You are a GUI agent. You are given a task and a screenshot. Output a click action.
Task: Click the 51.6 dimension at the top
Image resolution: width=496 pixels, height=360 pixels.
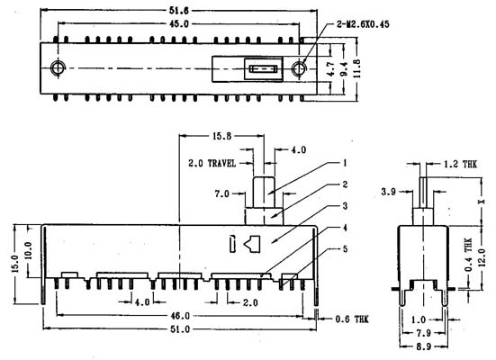tap(179, 11)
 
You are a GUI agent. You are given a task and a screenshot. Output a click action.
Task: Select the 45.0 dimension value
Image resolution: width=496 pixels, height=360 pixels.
tap(179, 23)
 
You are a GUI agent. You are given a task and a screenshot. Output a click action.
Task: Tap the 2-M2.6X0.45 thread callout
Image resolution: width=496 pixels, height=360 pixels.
tap(363, 24)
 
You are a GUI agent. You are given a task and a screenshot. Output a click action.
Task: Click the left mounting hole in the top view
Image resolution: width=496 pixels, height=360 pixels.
tap(58, 67)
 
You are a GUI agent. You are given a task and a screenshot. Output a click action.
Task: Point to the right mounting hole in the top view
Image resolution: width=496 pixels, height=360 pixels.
tap(299, 68)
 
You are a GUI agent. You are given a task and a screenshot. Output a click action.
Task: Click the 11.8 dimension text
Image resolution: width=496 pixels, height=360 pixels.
tap(356, 68)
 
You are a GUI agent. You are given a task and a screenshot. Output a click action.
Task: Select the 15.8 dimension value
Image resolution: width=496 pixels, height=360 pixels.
tap(221, 136)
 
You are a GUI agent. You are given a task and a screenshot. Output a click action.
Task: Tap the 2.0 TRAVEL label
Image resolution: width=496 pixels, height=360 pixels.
tap(212, 163)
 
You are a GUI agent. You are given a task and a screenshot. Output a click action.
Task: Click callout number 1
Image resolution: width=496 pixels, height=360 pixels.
tap(345, 163)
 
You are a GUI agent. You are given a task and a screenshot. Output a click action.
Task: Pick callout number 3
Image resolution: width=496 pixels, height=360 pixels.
tap(345, 206)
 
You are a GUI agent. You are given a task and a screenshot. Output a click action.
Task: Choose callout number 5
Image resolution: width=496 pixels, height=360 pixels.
tap(345, 249)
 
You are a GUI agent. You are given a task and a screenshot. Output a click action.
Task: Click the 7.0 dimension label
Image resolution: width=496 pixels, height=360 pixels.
tap(222, 193)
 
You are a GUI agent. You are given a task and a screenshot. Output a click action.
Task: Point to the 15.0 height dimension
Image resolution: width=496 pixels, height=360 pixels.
tap(16, 264)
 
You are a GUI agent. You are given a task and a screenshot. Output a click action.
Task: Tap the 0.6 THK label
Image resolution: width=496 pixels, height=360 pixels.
tap(352, 319)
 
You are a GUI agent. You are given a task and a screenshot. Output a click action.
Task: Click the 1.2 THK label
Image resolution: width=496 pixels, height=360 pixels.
tap(460, 164)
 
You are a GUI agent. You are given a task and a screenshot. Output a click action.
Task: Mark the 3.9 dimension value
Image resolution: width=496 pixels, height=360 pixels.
tap(389, 192)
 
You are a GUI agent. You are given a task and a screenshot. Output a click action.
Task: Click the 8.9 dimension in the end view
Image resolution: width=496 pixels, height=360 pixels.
tap(424, 346)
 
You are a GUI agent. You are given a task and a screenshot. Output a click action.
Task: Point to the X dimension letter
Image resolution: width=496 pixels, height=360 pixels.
tap(481, 202)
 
